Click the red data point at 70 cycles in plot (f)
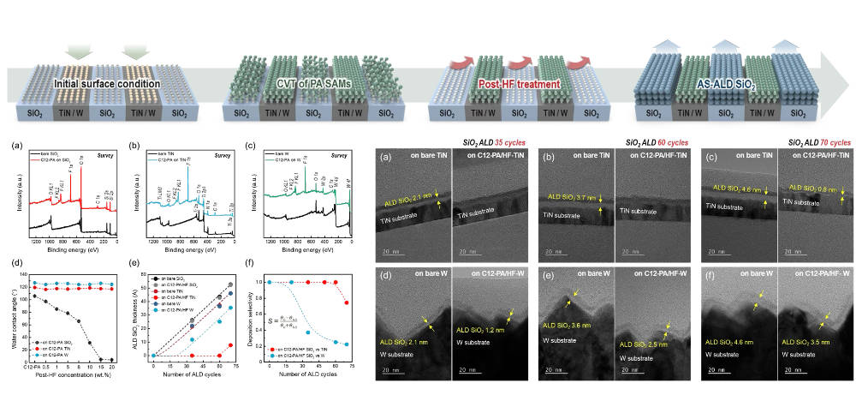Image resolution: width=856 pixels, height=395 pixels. (346, 302)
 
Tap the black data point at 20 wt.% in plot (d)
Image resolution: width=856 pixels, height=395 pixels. (110, 360)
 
